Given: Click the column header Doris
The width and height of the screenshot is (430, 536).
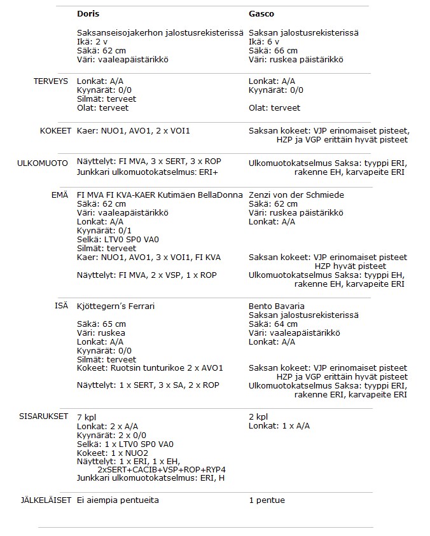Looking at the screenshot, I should (x=88, y=13).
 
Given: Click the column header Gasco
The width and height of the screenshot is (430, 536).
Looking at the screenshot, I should (x=261, y=13).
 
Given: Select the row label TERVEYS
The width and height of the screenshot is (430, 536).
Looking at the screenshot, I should (x=50, y=81).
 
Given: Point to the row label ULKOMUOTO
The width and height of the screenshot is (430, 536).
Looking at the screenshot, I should (x=43, y=163).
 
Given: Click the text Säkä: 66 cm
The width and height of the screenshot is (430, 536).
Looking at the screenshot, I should (x=273, y=51).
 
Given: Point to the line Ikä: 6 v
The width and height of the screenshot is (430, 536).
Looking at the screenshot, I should (x=263, y=42).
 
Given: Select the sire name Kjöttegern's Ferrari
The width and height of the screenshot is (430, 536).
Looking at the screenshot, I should (x=116, y=306).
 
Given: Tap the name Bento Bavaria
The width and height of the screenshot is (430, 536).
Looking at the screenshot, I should (x=277, y=306).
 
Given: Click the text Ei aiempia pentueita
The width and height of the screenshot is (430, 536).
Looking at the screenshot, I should (x=118, y=500).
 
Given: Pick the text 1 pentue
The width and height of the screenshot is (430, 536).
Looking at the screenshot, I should (x=267, y=500).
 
